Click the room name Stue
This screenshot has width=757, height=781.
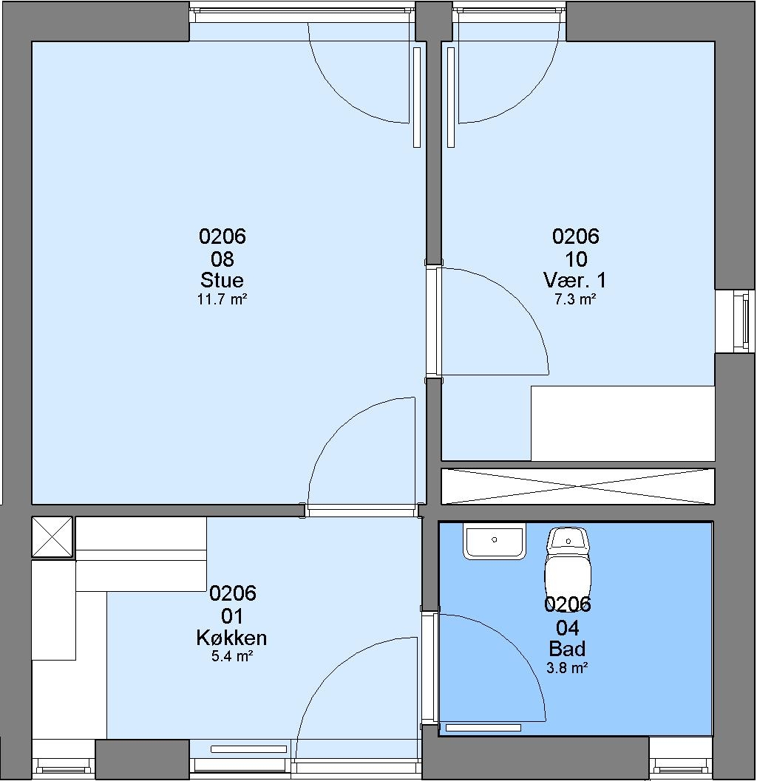[222, 280]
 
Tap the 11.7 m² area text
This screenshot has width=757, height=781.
[223, 299]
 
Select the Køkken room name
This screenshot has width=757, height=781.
[231, 638]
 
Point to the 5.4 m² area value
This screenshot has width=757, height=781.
[231, 656]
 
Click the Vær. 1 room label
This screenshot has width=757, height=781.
[575, 280]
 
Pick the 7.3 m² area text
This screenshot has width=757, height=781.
[576, 299]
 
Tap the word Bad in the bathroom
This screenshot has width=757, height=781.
[567, 649]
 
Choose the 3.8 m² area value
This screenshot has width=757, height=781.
[567, 667]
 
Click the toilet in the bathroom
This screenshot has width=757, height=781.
[568, 563]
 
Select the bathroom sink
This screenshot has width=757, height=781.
[495, 541]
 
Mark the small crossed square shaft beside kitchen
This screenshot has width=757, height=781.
[52, 536]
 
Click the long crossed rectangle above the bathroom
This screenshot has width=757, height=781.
[578, 486]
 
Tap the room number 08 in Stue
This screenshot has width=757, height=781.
[223, 259]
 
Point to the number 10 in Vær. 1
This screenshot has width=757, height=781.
[576, 259]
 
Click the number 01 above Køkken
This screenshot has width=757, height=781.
[232, 616]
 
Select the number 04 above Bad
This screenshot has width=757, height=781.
[567, 628]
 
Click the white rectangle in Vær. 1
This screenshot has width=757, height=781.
[623, 423]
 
